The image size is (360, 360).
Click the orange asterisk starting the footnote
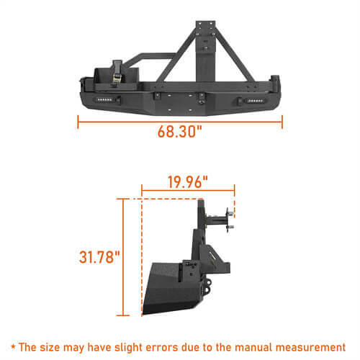(x=14, y=346)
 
